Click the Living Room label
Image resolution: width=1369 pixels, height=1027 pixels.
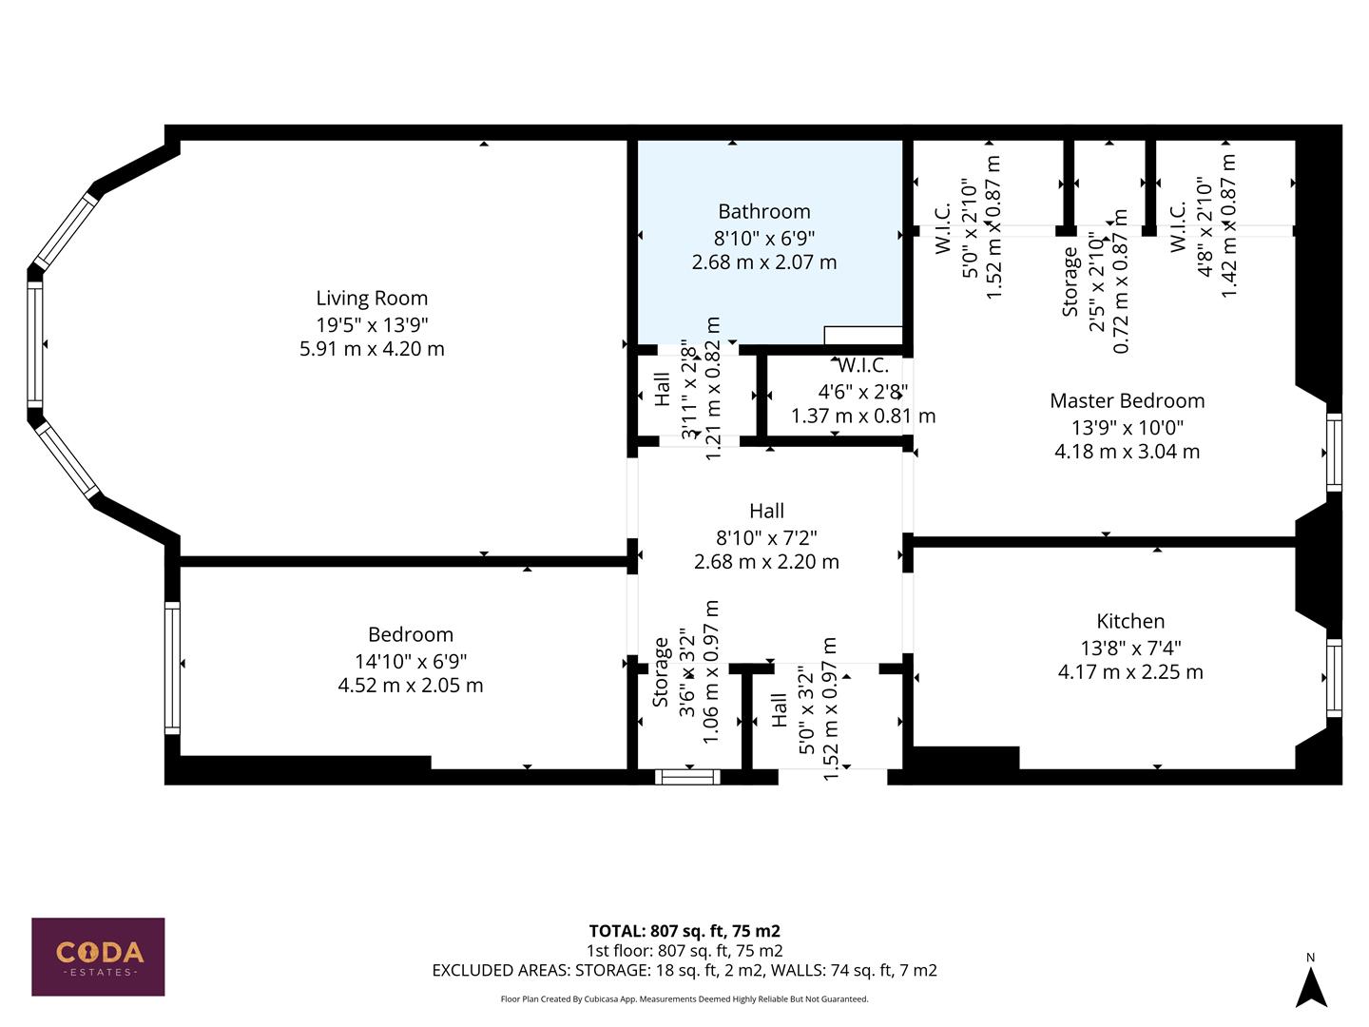click(x=372, y=299)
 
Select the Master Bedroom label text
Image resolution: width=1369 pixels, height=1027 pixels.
click(x=1127, y=401)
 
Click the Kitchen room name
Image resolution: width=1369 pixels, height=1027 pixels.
click(x=1130, y=622)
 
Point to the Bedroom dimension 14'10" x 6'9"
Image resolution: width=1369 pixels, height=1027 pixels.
click(x=411, y=661)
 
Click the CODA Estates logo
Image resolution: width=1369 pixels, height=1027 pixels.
click(x=98, y=957)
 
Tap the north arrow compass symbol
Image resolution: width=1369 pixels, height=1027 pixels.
click(x=1312, y=985)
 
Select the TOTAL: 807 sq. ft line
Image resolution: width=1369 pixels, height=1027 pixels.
click(x=684, y=931)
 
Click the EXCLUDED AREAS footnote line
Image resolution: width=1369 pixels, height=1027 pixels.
click(x=684, y=971)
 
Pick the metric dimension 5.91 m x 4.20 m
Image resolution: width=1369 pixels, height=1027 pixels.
click(x=372, y=349)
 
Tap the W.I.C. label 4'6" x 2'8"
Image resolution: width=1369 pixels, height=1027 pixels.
click(x=863, y=391)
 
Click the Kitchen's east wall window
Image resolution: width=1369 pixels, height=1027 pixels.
click(x=1334, y=678)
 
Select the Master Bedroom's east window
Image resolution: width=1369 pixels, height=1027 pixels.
click(x=1334, y=453)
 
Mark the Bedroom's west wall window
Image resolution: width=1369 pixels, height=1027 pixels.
click(x=172, y=668)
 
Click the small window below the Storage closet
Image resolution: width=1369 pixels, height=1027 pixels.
click(x=687, y=777)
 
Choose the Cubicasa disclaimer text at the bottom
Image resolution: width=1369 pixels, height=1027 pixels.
click(x=684, y=999)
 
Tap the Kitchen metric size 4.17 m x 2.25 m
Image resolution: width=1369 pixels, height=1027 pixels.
click(x=1130, y=672)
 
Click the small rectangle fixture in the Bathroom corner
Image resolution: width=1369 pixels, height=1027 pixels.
click(x=863, y=335)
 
